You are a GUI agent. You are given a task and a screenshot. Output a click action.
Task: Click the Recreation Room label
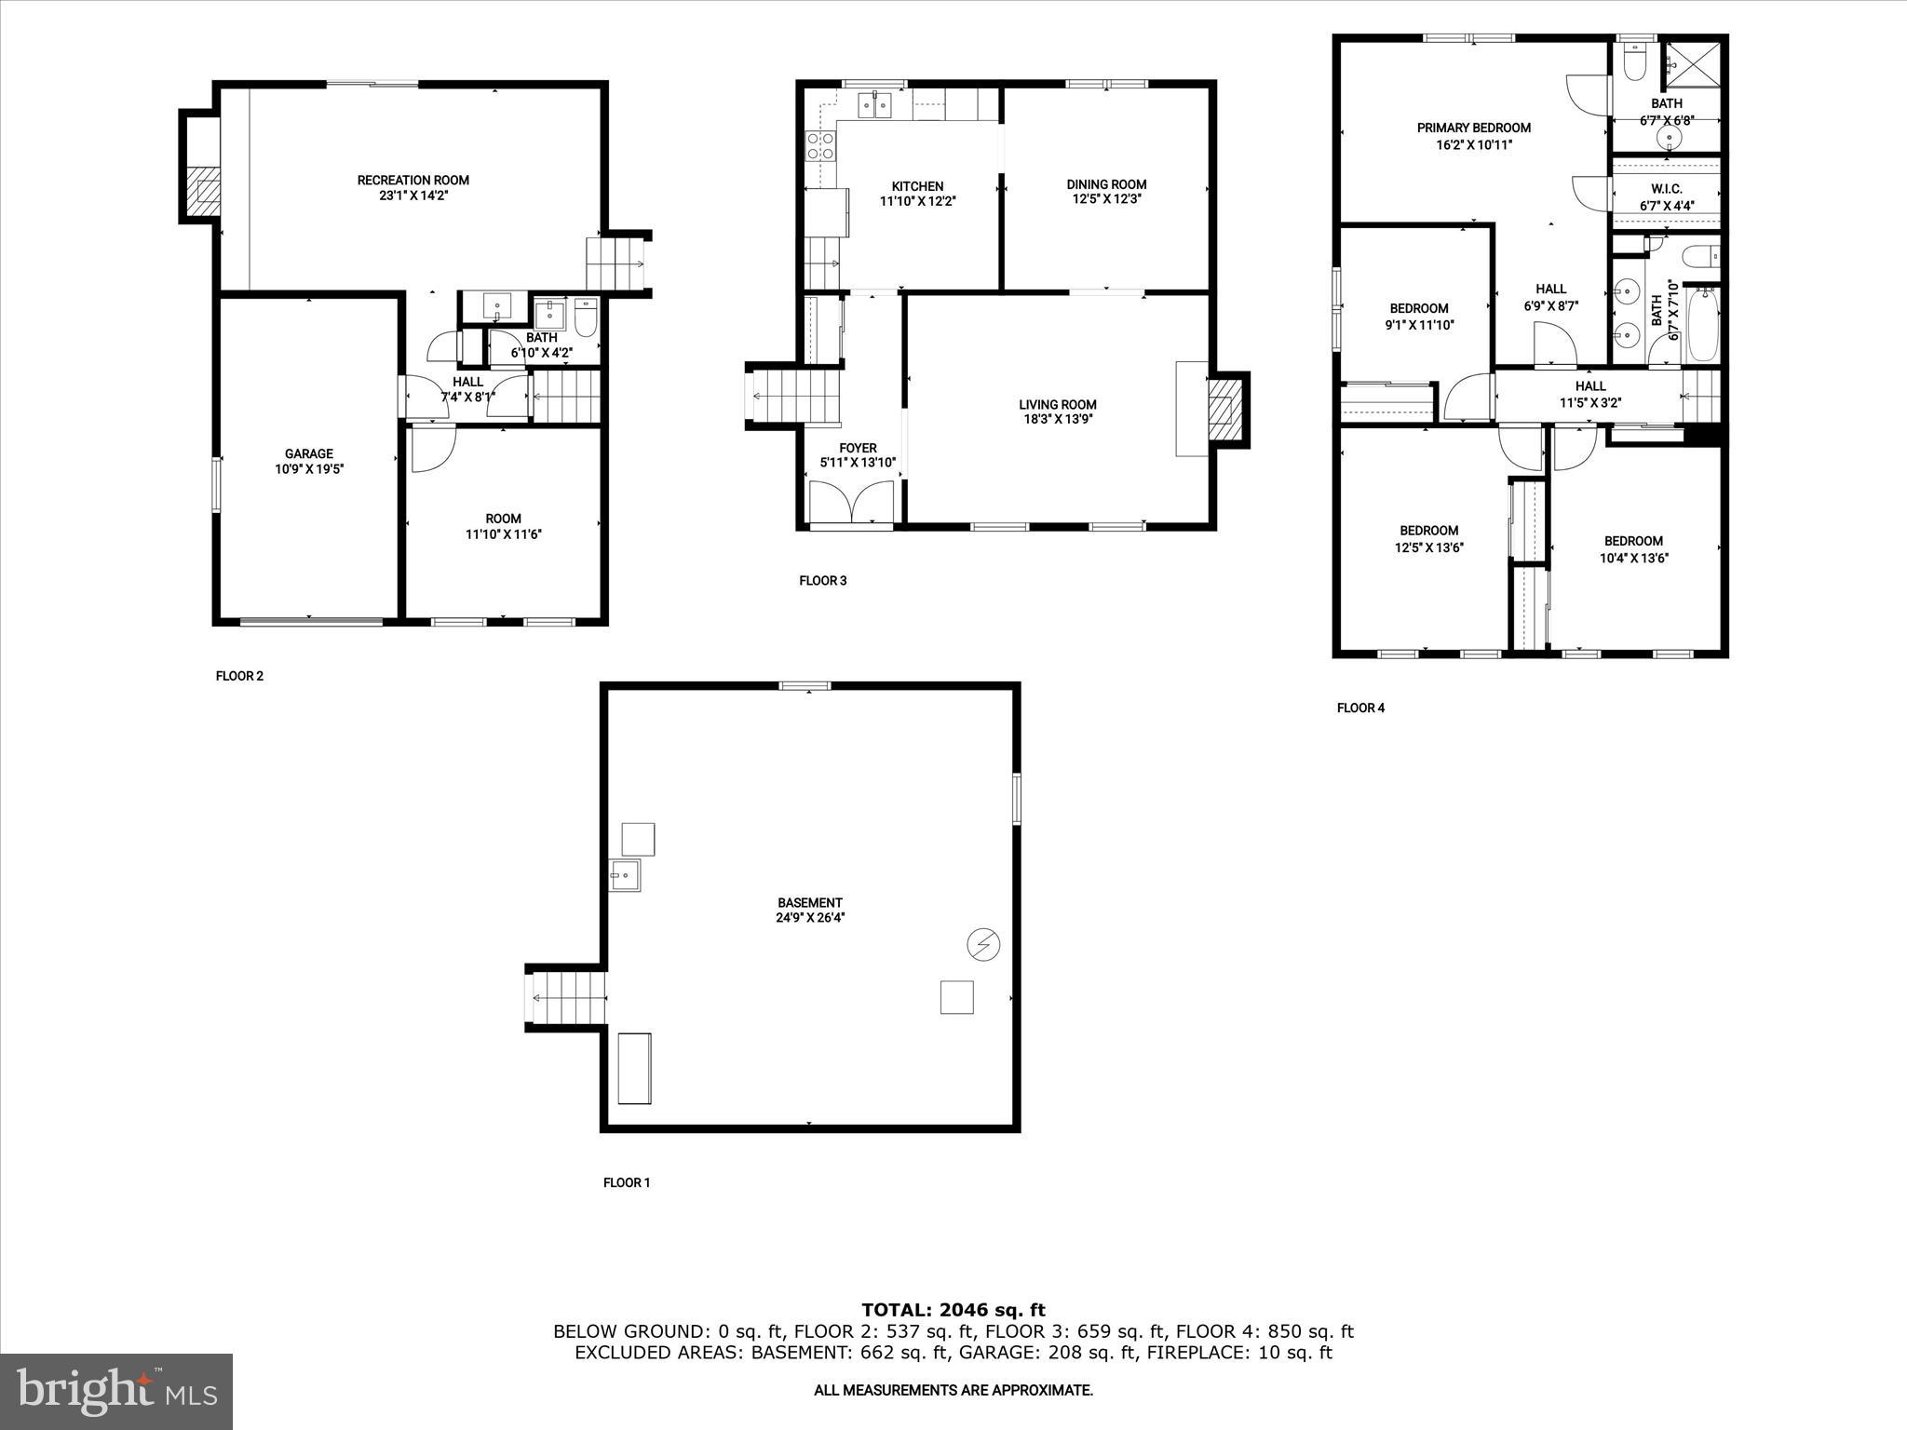pos(413,180)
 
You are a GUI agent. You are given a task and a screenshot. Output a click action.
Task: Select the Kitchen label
pos(917,186)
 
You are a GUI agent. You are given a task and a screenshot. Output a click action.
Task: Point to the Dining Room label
pos(1106,184)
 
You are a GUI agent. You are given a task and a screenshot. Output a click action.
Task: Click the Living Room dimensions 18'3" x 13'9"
pos(1057,419)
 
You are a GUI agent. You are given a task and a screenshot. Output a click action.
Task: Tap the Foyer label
pos(857,448)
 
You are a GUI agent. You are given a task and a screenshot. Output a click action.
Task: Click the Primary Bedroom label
pos(1473,128)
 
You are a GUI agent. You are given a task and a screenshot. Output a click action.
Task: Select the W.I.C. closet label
pos(1666,189)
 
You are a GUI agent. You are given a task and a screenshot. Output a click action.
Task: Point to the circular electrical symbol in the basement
pos(983,945)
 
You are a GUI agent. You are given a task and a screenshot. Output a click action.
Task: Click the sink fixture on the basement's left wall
pos(624,875)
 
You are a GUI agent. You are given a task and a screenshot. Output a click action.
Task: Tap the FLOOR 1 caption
pos(627,1182)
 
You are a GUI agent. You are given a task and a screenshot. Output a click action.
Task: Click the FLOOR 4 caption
pos(1360,708)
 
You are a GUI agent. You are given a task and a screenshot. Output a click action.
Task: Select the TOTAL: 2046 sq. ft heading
pos(953,1311)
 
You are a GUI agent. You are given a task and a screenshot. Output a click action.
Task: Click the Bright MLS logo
pos(116,1391)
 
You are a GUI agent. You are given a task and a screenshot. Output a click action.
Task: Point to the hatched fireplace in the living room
pos(1224,410)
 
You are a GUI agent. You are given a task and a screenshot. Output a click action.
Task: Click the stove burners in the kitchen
pos(820,145)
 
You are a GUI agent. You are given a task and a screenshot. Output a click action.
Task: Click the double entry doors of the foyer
pos(852,503)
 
